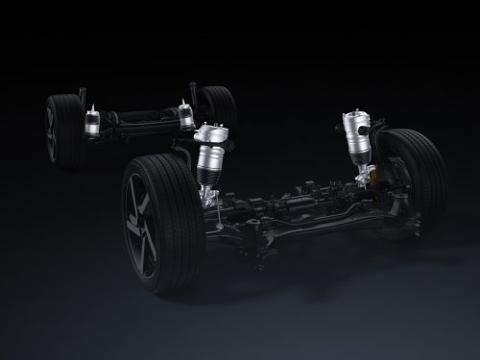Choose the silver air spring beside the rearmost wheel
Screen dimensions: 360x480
tap(183, 115)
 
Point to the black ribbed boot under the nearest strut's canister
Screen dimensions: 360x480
tap(209, 180)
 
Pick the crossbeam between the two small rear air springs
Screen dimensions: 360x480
tap(139, 119)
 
